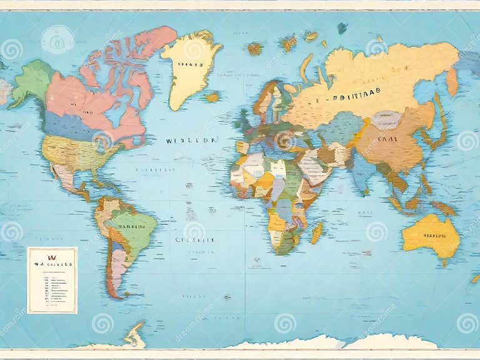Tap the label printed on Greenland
click(191, 64)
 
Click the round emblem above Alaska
click(57, 39)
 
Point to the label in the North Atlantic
click(191, 141)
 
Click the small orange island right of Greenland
click(212, 97)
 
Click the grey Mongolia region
click(386, 119)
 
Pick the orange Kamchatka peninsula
click(452, 81)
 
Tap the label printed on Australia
click(434, 236)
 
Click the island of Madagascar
click(317, 232)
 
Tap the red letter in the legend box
click(52, 257)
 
